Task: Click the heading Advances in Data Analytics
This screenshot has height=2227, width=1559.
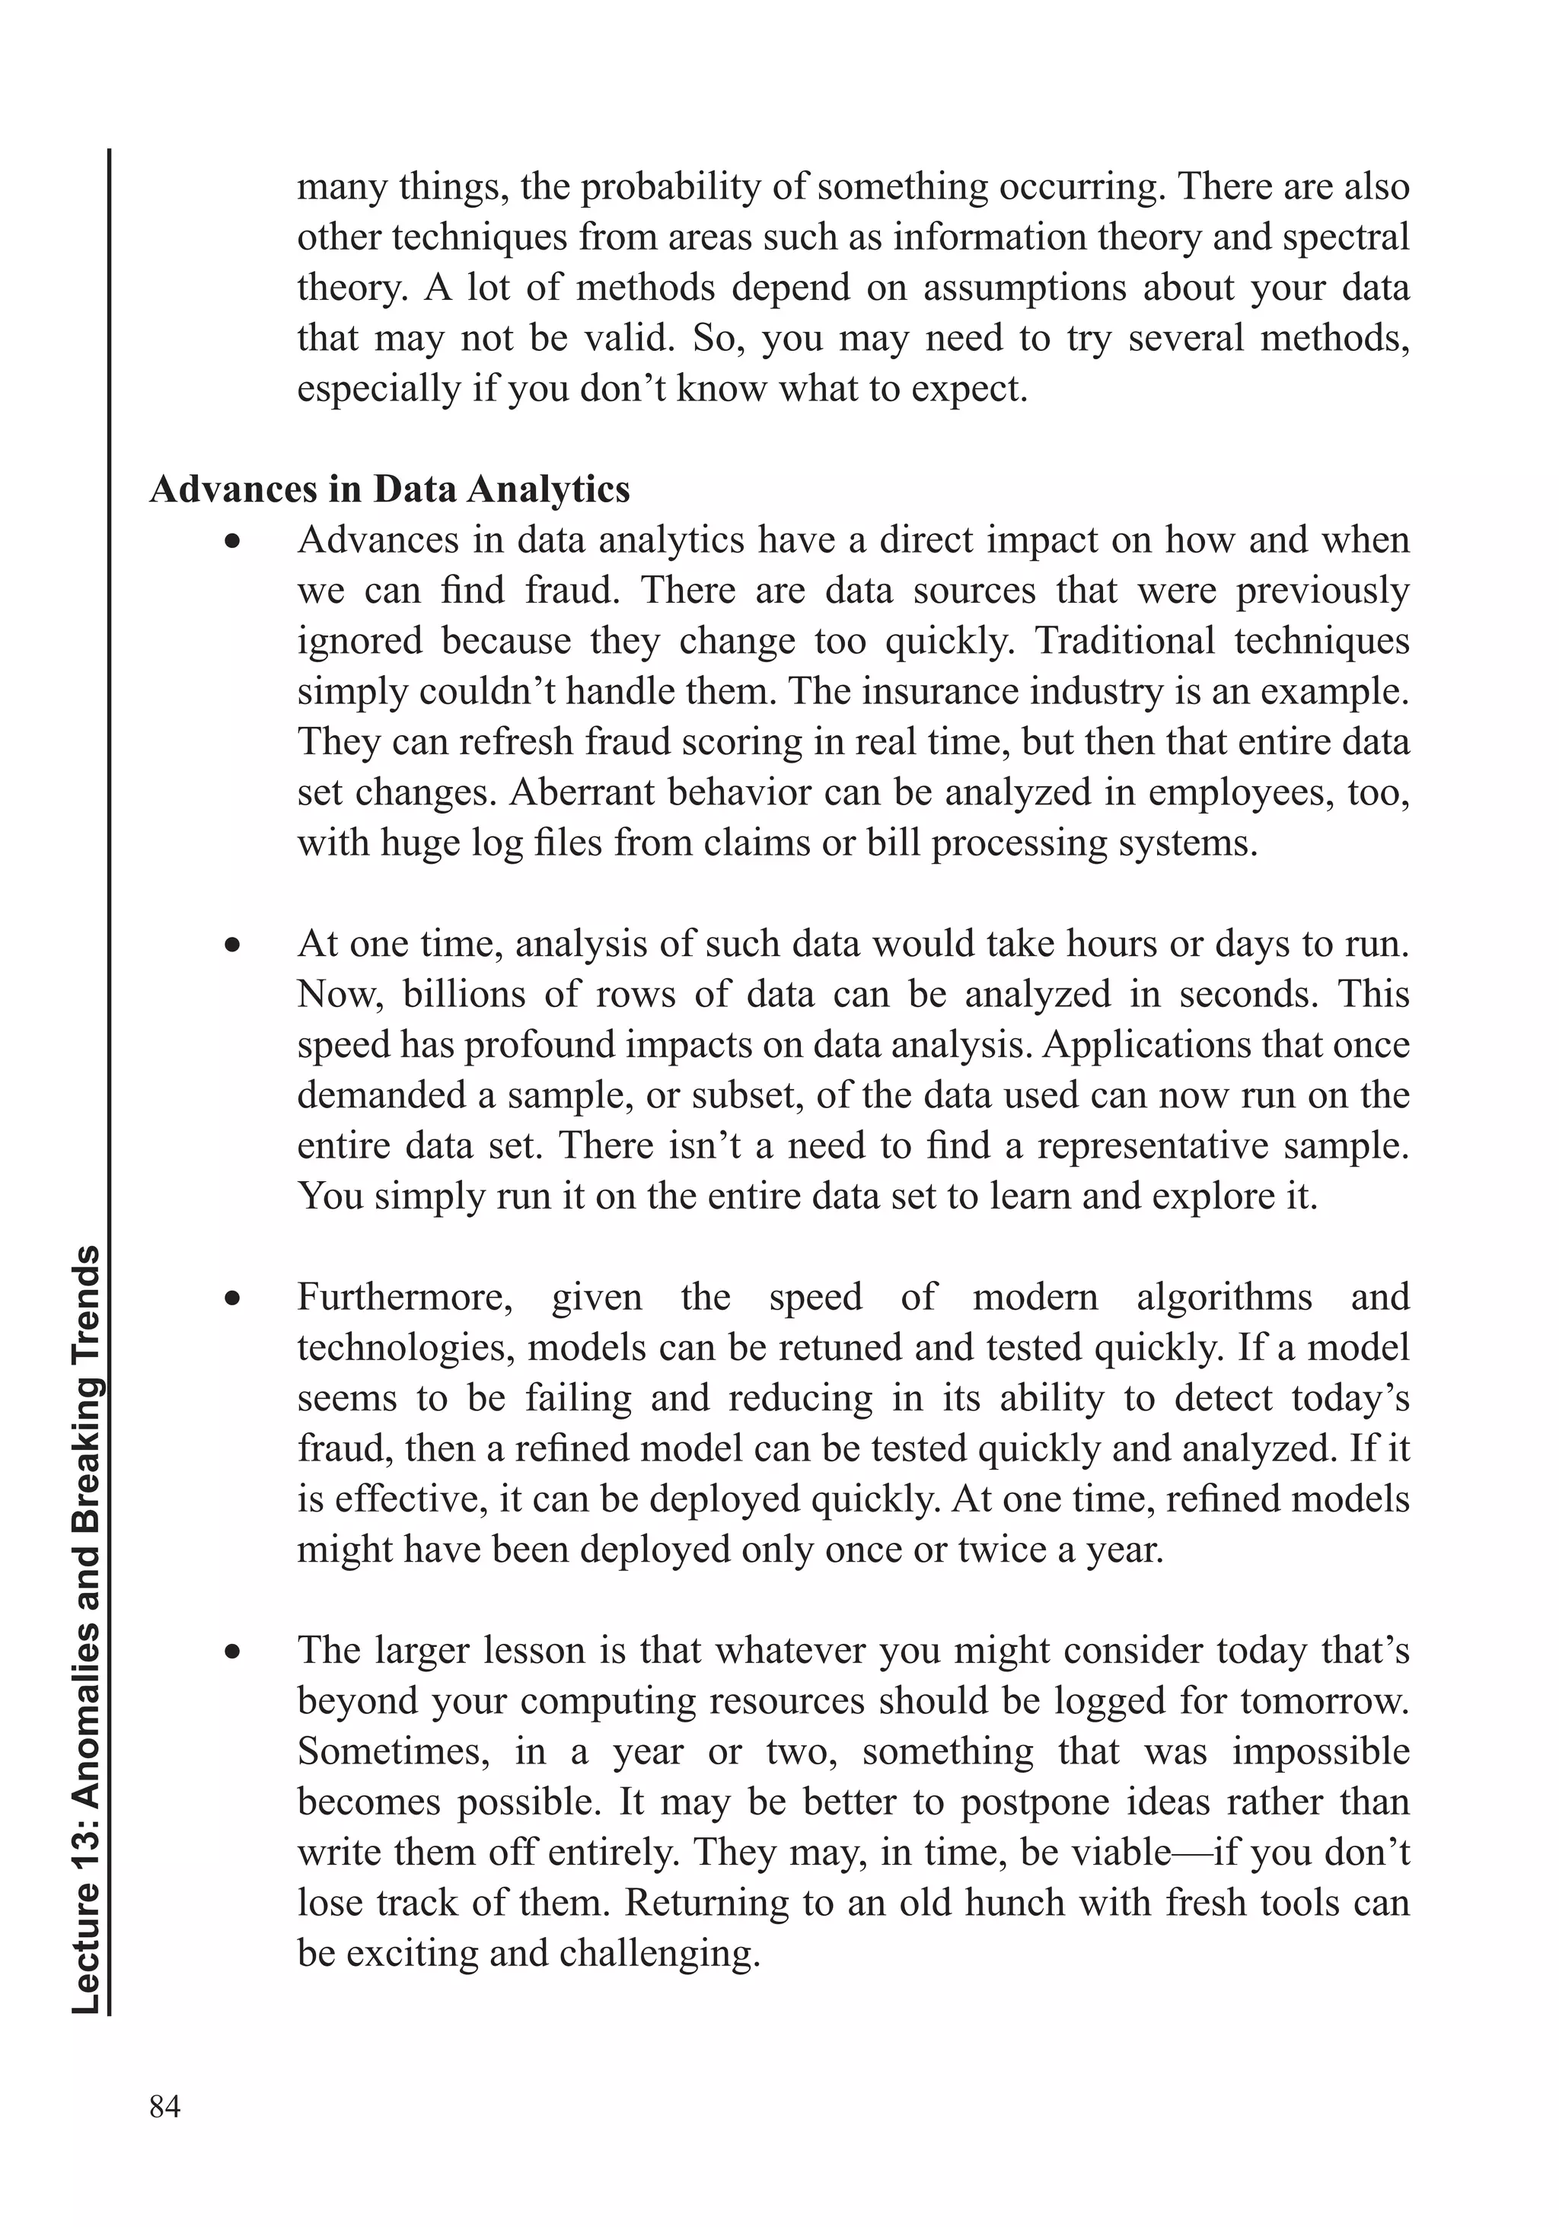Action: [x=389, y=489]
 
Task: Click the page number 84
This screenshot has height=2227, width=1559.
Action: [x=165, y=2106]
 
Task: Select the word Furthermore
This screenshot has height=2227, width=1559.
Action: [x=404, y=1297]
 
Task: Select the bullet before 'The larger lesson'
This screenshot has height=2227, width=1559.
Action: [x=232, y=1651]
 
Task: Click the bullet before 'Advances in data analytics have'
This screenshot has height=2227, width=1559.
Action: [x=232, y=541]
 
